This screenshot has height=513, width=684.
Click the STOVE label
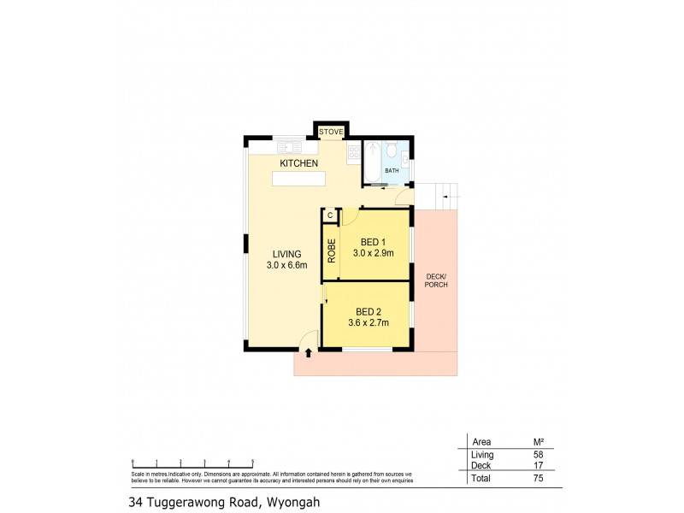pyautogui.click(x=331, y=132)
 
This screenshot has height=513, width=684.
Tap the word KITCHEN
pyautogui.click(x=299, y=163)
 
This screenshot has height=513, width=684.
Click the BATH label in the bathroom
pyautogui.click(x=392, y=171)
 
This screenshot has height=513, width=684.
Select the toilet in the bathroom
pyautogui.click(x=391, y=152)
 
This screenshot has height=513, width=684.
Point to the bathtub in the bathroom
pyautogui.click(x=372, y=163)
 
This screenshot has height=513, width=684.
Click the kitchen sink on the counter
pyautogui.click(x=289, y=147)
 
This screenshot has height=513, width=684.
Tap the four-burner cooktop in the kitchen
pyautogui.click(x=353, y=155)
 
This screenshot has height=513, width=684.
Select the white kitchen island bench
pyautogui.click(x=299, y=179)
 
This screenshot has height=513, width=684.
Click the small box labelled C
pyautogui.click(x=330, y=216)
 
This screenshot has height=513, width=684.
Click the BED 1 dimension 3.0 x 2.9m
pyautogui.click(x=372, y=253)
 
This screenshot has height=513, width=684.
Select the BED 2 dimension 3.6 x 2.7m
pyautogui.click(x=367, y=322)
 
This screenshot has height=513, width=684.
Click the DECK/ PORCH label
pyautogui.click(x=435, y=280)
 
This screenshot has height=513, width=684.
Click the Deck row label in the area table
pyautogui.click(x=481, y=466)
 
